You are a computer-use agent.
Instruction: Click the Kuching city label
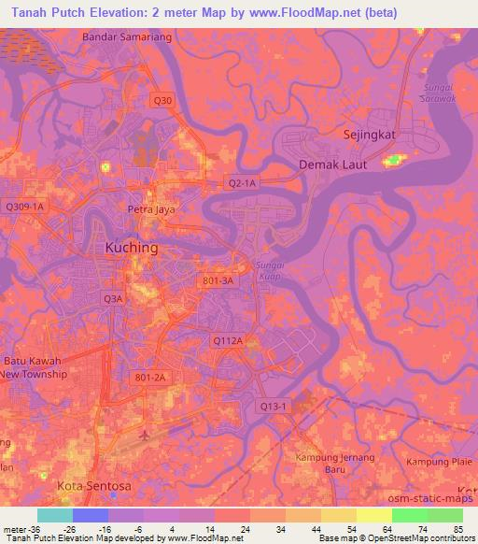[x=131, y=249]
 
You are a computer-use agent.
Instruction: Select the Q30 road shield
[x=162, y=100]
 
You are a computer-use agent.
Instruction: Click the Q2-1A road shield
[x=242, y=184]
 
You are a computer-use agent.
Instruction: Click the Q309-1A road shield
[x=25, y=206]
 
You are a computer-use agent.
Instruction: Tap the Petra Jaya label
[x=151, y=210]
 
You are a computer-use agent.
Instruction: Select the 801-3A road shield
[x=217, y=279]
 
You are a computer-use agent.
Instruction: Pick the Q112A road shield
[x=228, y=342]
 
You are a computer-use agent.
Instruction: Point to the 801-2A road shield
[x=149, y=377]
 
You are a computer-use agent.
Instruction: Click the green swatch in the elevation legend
[x=409, y=515]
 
